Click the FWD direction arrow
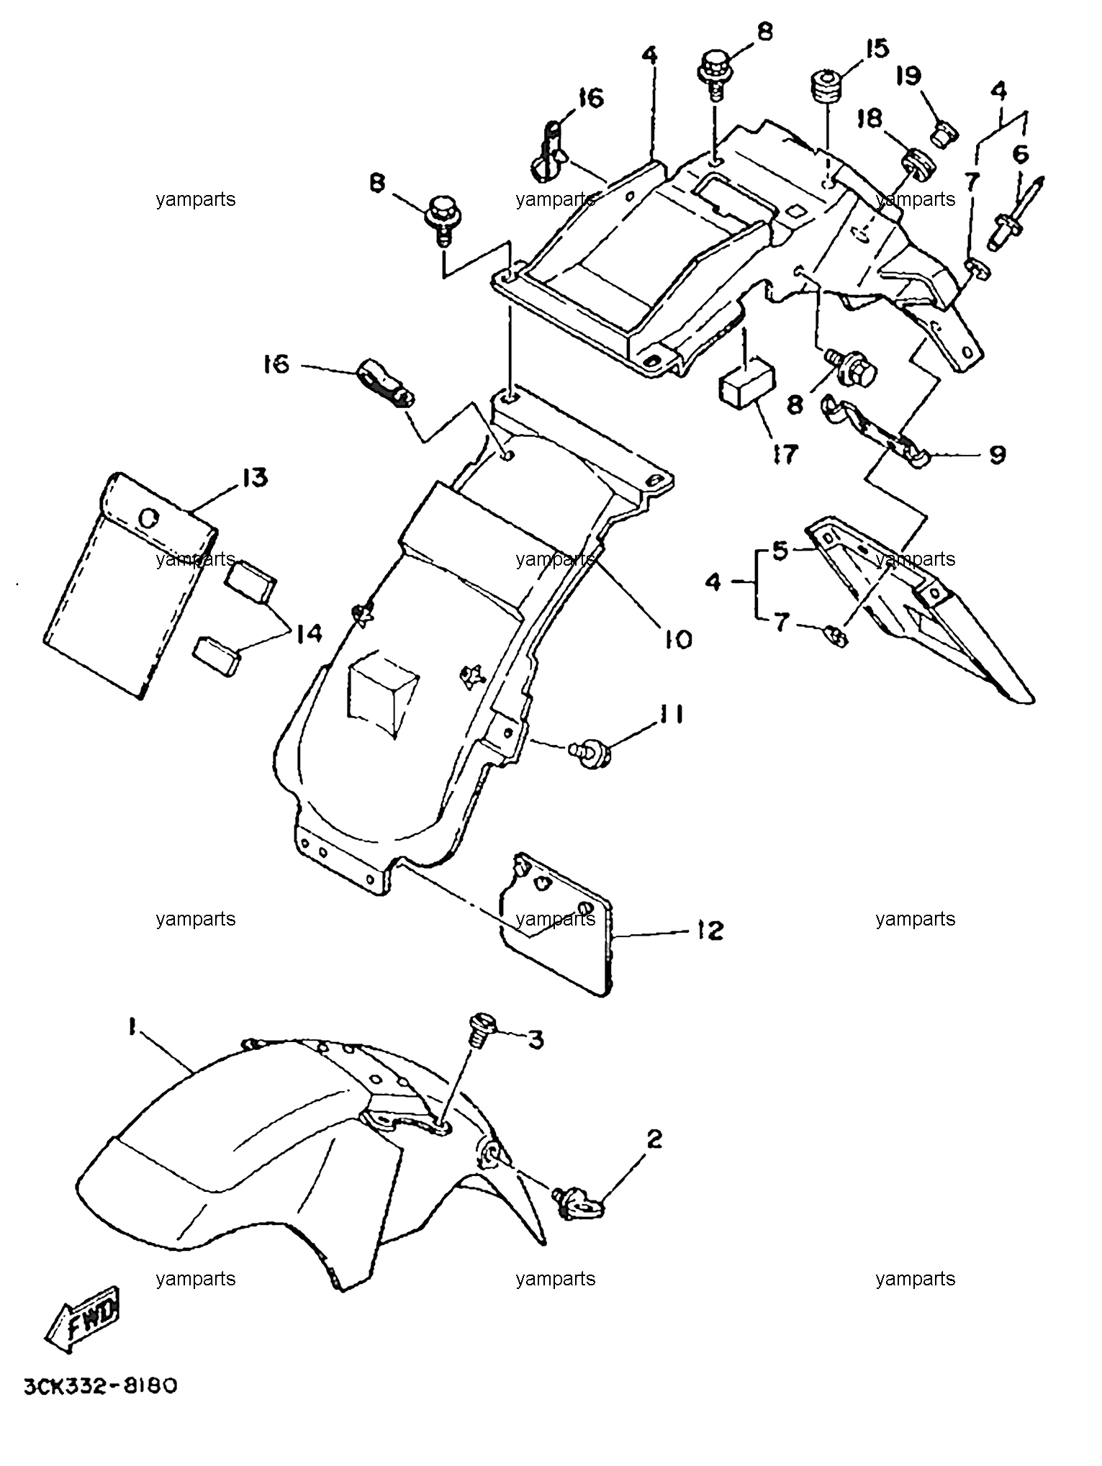coord(81,1322)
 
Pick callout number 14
coord(306,633)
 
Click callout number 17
coord(785,454)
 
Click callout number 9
coord(997,455)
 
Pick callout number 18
coord(870,119)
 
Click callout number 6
coord(1021,154)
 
